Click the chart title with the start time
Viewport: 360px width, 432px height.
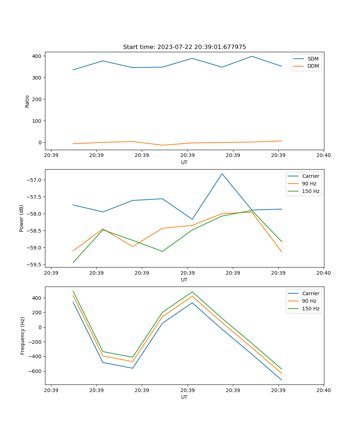tap(184, 47)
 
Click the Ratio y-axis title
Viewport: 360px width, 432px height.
tap(27, 101)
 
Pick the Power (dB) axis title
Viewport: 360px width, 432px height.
tap(22, 218)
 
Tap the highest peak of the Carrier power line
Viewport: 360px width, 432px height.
tap(222, 174)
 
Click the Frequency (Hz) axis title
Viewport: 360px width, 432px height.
tap(23, 336)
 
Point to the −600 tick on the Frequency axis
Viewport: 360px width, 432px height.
tap(35, 371)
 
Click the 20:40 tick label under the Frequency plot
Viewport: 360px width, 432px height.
tap(323, 390)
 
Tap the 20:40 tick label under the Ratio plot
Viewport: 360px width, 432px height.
tap(323, 156)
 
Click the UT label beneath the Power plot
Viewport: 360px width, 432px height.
tap(184, 280)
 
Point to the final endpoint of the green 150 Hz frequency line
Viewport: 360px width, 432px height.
tap(282, 369)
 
